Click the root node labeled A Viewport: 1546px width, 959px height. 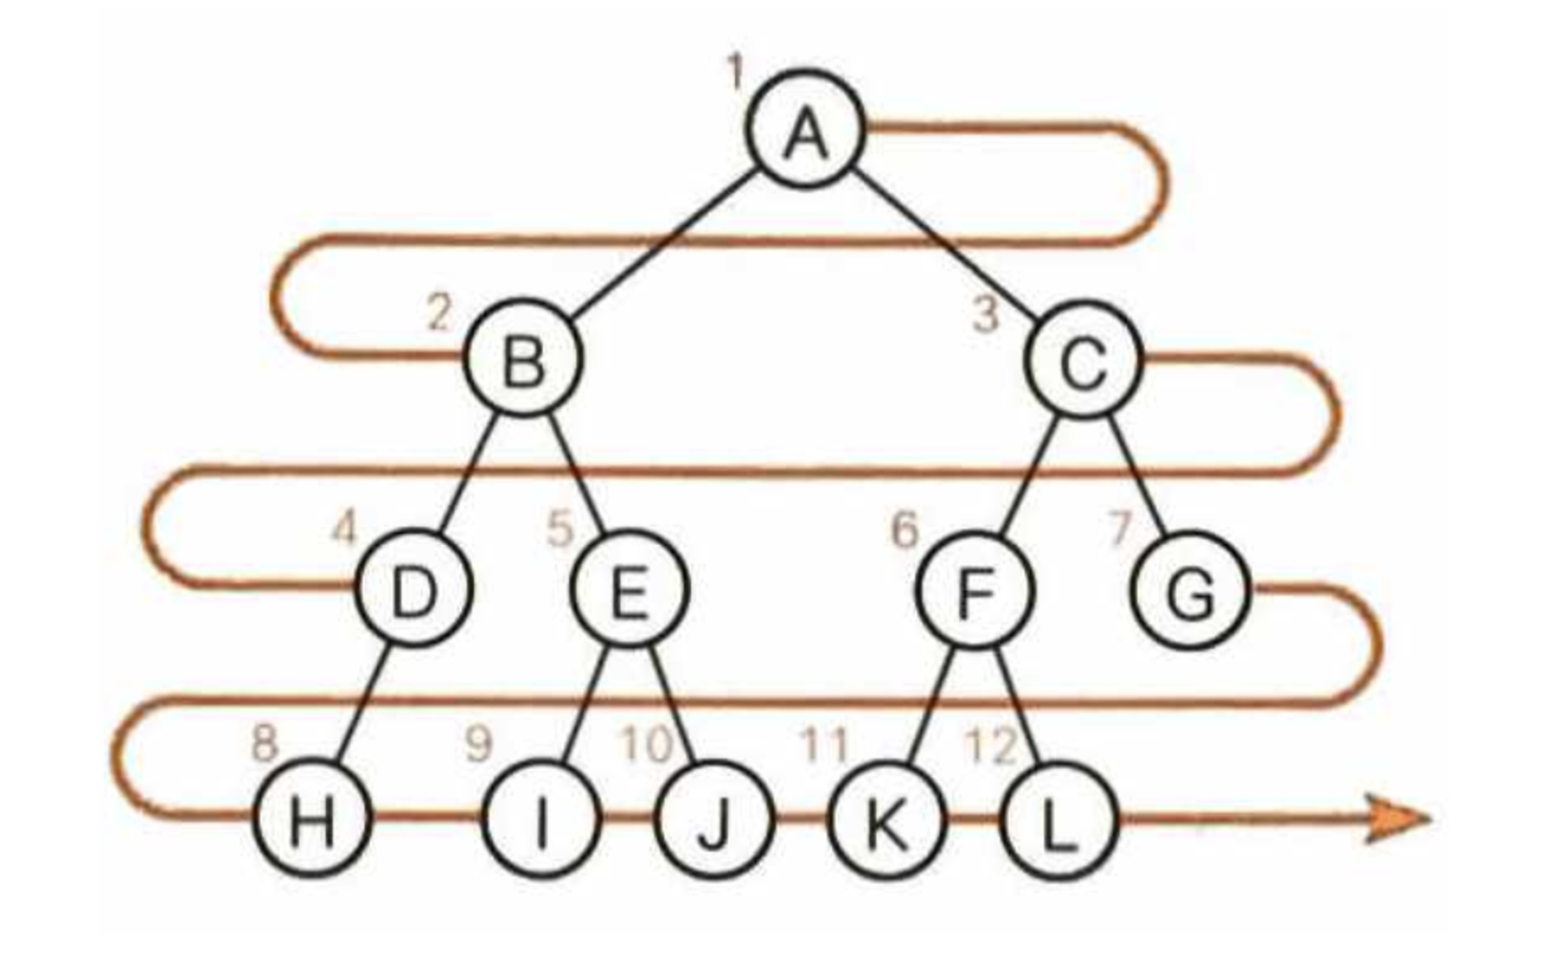[806, 131]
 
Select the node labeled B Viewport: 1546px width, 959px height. [522, 360]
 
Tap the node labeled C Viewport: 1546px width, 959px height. [1084, 360]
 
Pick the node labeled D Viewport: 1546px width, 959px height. [414, 591]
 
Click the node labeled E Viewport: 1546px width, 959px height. [628, 591]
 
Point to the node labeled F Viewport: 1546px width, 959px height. [974, 591]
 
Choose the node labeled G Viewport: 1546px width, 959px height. [1190, 591]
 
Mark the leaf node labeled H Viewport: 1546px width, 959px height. [311, 820]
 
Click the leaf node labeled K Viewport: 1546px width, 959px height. [886, 820]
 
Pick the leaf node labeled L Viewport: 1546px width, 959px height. [1057, 820]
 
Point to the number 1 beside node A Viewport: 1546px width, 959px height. [735, 71]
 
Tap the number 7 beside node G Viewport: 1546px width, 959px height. [1121, 530]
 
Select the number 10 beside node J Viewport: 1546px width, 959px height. [646, 744]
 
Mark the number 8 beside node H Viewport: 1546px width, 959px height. [264, 742]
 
